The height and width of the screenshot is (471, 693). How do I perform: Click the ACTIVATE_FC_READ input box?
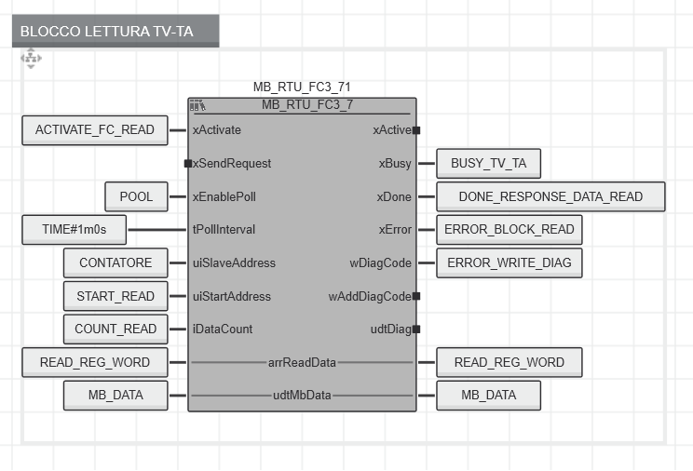pos(95,130)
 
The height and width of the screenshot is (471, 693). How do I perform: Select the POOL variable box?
pos(137,196)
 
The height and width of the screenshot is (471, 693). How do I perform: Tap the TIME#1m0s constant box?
pos(75,230)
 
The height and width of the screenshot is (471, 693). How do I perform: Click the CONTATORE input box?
pos(115,262)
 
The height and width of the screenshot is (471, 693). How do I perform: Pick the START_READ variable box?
pos(115,296)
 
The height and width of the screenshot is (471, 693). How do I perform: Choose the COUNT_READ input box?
pos(115,330)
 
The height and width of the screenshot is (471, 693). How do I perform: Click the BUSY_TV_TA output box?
pos(488,164)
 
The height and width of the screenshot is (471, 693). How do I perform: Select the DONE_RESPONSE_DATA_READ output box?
pos(550,196)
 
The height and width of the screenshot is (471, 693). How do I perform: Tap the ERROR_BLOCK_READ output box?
pos(510,230)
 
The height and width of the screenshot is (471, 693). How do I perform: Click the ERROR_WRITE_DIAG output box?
pos(510,262)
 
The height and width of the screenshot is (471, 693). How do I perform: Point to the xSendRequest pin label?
pos(232,164)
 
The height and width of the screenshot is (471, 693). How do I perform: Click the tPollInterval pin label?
pos(224,230)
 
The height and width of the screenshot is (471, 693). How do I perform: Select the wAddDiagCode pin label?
pos(370,297)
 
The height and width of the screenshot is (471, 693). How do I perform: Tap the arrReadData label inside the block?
pos(302,363)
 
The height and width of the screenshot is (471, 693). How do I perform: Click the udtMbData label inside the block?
pos(302,395)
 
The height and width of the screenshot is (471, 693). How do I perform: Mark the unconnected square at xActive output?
pos(416,130)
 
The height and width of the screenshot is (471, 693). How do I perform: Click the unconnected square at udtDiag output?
pos(416,330)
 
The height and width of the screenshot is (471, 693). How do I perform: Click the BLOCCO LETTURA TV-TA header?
pos(115,31)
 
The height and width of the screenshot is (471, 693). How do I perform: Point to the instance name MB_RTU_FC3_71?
pos(302,87)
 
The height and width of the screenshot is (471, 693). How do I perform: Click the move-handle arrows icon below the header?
pos(31,59)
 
